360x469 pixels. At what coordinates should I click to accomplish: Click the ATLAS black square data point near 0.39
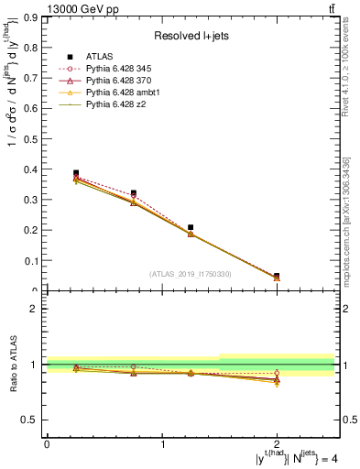pos(76,173)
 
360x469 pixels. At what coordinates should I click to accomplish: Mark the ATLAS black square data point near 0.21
pos(191,227)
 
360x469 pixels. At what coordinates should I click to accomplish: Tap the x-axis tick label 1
pos(162,443)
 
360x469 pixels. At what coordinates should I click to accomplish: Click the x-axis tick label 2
pos(277,443)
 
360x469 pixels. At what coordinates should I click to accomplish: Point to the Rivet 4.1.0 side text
pos(347,73)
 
